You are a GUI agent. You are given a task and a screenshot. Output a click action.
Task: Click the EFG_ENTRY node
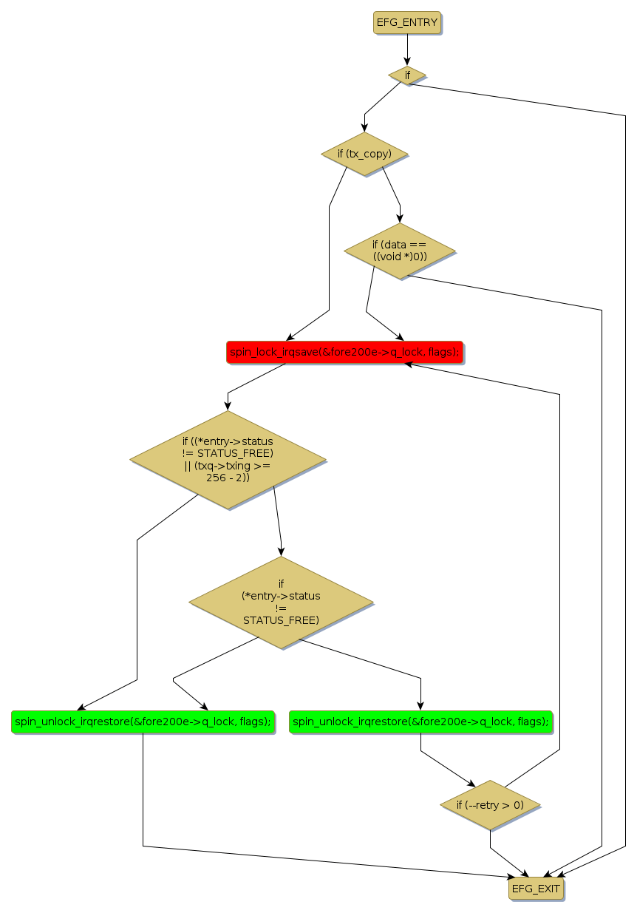tap(407, 23)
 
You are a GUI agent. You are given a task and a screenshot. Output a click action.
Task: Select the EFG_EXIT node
tap(536, 889)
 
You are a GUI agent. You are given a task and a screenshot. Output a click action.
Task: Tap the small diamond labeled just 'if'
tap(407, 75)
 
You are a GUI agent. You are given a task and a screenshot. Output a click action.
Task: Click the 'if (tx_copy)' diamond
tap(364, 154)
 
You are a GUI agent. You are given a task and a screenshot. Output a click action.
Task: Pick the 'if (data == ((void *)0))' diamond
tap(399, 251)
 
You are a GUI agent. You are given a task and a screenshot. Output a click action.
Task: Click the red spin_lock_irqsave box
tap(344, 353)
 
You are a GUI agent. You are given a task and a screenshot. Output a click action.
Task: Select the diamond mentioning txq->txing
tap(228, 459)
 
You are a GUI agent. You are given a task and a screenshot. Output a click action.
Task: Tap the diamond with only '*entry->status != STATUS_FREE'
tap(281, 603)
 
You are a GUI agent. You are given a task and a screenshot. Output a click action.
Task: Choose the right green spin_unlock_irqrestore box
tap(420, 722)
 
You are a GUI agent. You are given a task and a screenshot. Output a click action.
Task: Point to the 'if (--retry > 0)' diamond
tap(490, 804)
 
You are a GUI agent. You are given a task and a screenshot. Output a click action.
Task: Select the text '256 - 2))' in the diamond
tap(228, 478)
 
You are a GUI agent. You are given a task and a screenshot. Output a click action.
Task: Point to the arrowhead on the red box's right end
tap(407, 365)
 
